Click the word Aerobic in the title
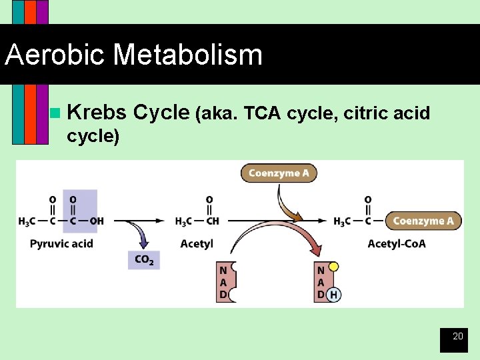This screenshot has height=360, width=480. tap(55, 55)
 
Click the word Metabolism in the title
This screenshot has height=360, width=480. tap(188, 55)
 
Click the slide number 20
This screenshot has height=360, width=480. tap(457, 337)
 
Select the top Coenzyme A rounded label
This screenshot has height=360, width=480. tap(279, 173)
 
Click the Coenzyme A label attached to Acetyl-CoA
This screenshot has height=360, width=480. tap(423, 221)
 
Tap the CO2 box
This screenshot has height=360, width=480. tap(144, 259)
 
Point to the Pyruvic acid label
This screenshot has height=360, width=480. tap(61, 243)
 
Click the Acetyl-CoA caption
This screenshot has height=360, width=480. tap(397, 243)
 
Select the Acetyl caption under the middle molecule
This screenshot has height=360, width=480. tap(197, 243)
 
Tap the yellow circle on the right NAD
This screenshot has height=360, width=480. tap(333, 267)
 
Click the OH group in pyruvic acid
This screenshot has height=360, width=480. tap(96, 221)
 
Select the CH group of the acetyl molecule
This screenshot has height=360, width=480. tap(211, 221)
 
